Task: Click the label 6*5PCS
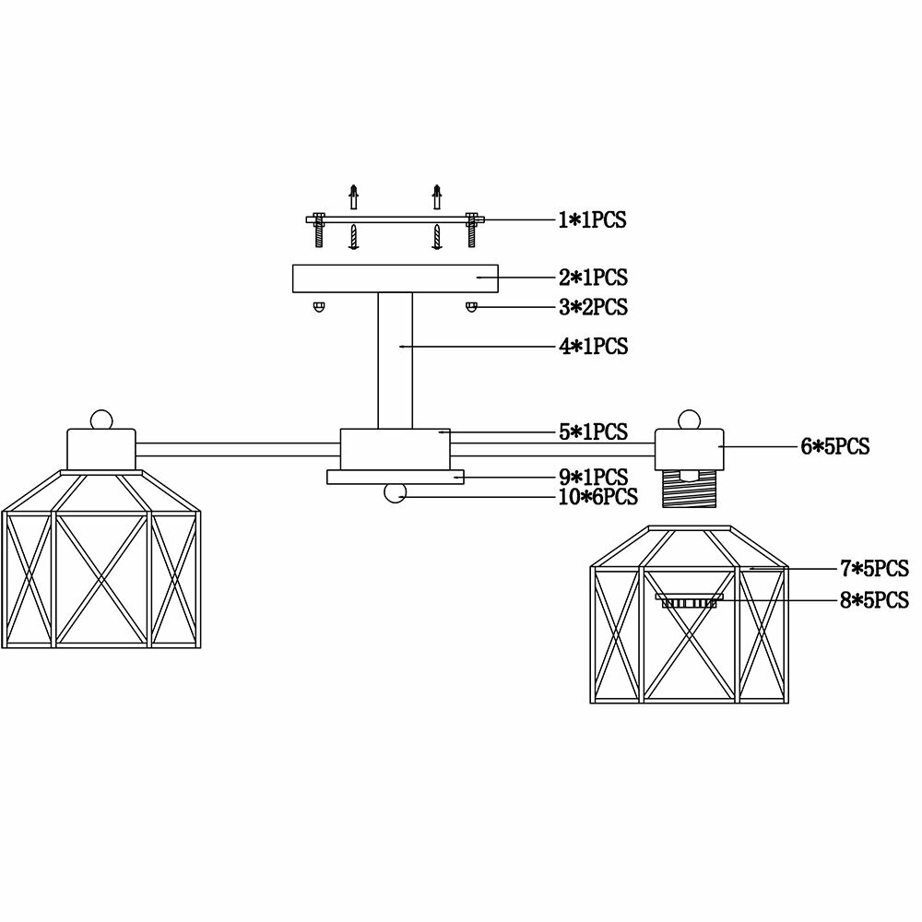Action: pyautogui.click(x=834, y=447)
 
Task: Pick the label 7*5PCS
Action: pyautogui.click(x=874, y=568)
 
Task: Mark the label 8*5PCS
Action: pyautogui.click(x=874, y=601)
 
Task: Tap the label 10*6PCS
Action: pyautogui.click(x=597, y=497)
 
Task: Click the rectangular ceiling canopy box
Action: pyautogui.click(x=395, y=278)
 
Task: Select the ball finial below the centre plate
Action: pyautogui.click(x=396, y=494)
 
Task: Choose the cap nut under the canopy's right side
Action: pyautogui.click(x=471, y=306)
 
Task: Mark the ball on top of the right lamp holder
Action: pyautogui.click(x=686, y=419)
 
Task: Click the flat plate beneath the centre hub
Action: pyautogui.click(x=395, y=477)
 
